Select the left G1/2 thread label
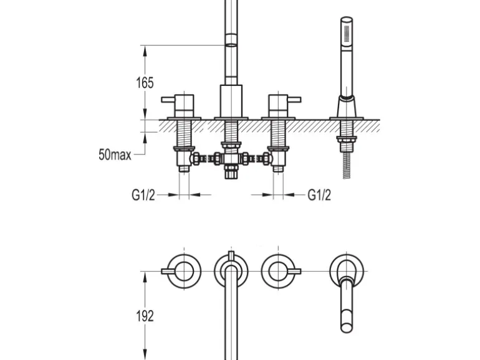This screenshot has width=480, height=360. (x=143, y=195)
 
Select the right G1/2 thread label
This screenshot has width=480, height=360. (x=319, y=195)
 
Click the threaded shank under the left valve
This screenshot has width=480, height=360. (x=185, y=137)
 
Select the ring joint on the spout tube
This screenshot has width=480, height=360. (x=231, y=43)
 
